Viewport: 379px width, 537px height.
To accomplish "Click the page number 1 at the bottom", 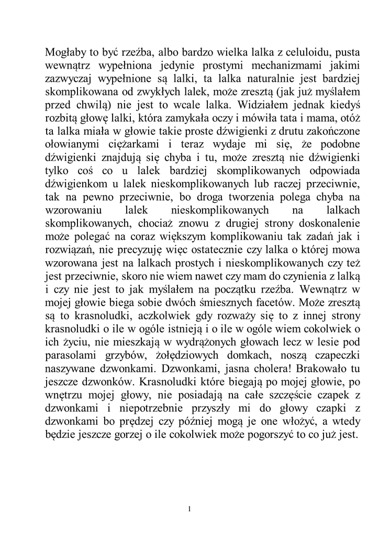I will tap(189, 508).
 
